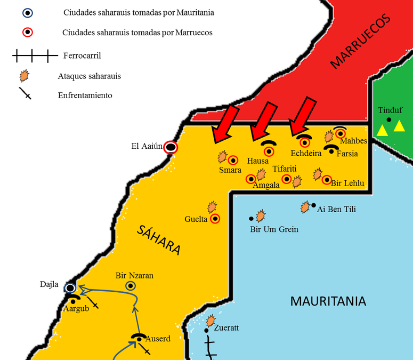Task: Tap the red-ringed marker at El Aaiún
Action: pyautogui.click(x=171, y=147)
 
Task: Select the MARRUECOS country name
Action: pyautogui.click(x=360, y=42)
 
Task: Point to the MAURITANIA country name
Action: pyautogui.click(x=328, y=301)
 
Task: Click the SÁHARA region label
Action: pyautogui.click(x=159, y=239)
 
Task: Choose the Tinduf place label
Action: pyautogui.click(x=390, y=110)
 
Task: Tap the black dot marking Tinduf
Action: pyautogui.click(x=389, y=119)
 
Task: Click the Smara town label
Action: pyautogui.click(x=230, y=170)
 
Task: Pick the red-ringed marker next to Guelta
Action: pyautogui.click(x=215, y=218)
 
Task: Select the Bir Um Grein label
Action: pyautogui.click(x=274, y=229)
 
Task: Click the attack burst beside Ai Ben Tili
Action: pyautogui.click(x=305, y=207)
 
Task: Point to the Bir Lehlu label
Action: pyautogui.click(x=347, y=183)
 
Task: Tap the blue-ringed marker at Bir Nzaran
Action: pyautogui.click(x=130, y=286)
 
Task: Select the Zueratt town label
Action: pyautogui.click(x=226, y=328)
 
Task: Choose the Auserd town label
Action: pyautogui.click(x=158, y=339)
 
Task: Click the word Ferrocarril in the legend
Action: pyautogui.click(x=82, y=55)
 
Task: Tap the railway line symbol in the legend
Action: pyautogui.click(x=34, y=55)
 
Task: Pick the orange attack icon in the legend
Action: pyautogui.click(x=23, y=75)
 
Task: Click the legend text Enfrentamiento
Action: pyautogui.click(x=85, y=95)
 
